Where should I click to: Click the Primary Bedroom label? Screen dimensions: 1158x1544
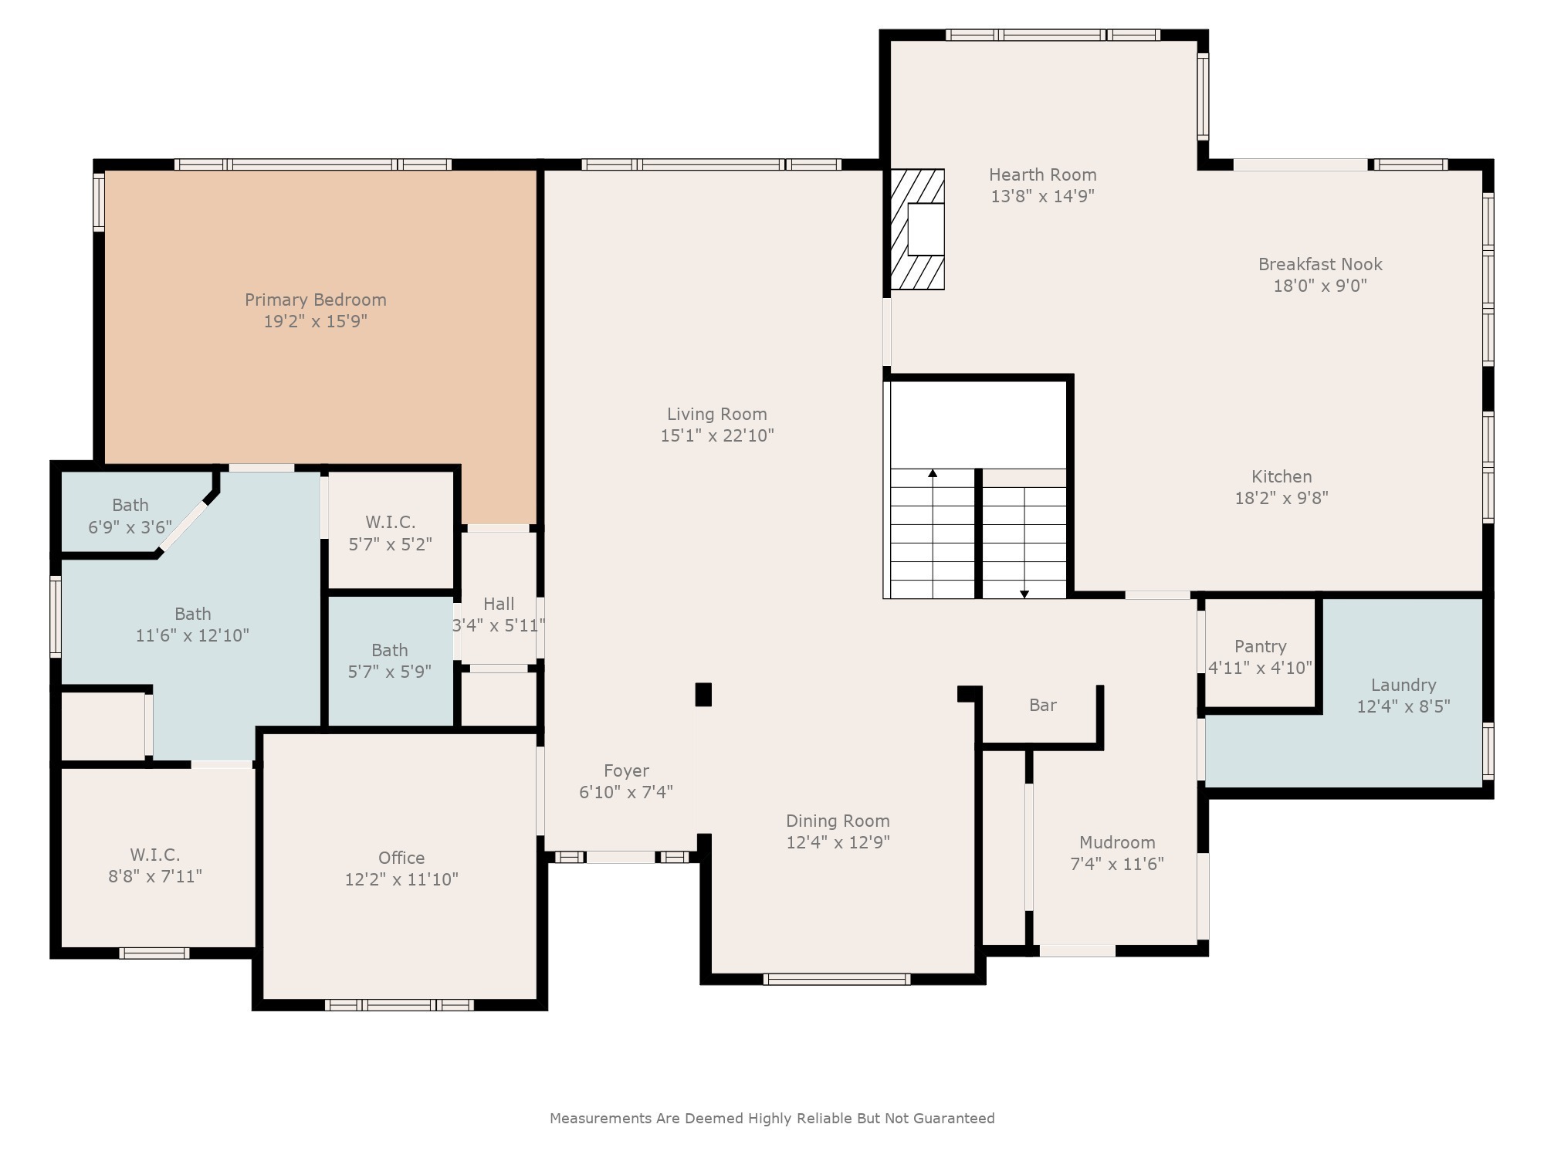tap(315, 300)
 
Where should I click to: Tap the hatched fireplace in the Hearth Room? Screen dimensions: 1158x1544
tap(918, 229)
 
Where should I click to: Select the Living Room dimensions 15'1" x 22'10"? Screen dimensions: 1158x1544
tap(716, 435)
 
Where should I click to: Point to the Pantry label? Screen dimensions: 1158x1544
tap(1260, 646)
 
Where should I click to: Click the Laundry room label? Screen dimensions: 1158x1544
tap(1403, 685)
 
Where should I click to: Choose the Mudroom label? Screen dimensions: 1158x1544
tap(1116, 842)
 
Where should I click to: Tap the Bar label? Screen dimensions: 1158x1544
tap(1042, 705)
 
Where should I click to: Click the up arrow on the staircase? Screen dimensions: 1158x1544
tap(933, 473)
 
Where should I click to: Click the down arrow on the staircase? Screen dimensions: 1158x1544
tap(1024, 593)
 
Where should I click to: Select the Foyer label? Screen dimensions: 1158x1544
tap(626, 770)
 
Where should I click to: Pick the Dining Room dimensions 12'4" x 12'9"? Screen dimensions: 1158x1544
tap(838, 842)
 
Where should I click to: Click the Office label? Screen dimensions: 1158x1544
tap(401, 858)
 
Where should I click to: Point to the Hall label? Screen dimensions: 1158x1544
tap(499, 604)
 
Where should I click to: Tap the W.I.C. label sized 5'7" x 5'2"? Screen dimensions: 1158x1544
tap(390, 523)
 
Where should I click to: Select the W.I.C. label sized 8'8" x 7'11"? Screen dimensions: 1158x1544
tap(154, 855)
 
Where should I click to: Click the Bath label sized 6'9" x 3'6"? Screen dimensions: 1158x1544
tap(130, 505)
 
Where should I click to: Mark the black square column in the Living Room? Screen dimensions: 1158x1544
tap(703, 694)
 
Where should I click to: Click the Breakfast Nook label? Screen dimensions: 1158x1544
tap(1319, 264)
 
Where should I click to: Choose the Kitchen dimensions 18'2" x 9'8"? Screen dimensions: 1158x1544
tap(1282, 498)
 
